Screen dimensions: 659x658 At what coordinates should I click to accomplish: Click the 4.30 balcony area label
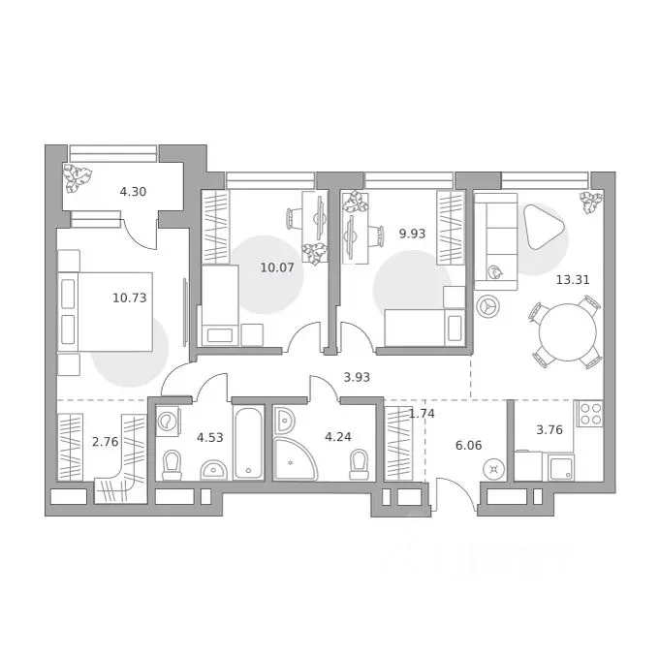pos(133,192)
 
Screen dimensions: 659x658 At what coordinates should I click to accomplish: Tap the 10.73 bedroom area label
pos(130,298)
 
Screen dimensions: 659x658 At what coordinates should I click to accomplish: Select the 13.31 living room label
pos(573,279)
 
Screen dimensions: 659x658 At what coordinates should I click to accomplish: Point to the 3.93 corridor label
pos(357,377)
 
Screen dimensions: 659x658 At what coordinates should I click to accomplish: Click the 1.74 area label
pos(422,414)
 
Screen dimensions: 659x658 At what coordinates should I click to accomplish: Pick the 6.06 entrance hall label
pos(469,445)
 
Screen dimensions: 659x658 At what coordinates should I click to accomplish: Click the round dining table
pos(567,332)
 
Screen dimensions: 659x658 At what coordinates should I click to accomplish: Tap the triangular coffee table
pos(543,227)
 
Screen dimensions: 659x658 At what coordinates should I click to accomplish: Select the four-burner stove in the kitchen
pos(589,414)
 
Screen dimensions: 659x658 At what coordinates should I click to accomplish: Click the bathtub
pos(248,442)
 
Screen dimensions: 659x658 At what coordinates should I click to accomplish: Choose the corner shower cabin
pos(295,458)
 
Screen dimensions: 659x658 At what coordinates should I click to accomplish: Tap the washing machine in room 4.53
pos(168,420)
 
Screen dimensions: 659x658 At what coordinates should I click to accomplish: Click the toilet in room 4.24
pos(359,465)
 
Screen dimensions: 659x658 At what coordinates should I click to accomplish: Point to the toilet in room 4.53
pos(172,465)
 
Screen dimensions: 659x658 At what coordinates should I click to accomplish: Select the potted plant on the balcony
pos(78,178)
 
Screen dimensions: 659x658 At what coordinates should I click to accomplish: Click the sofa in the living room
pos(496,241)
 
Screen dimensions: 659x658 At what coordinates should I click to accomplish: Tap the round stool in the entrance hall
pos(494,469)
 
